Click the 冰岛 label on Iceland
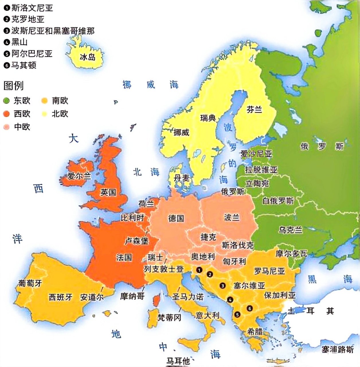pos(87,57)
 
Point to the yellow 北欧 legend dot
pos(44,114)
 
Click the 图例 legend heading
pos(13,85)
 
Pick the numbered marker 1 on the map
pos(199,270)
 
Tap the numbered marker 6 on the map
pos(250,309)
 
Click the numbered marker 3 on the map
pos(222,286)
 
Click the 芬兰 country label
pos(254,109)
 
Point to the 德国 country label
pos(176,218)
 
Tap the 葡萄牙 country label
pos(30,283)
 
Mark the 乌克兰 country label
pos(290,230)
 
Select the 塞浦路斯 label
pos(337,349)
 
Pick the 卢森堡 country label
pos(137,241)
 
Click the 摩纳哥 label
pos(132,296)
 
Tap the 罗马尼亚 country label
pos(269,271)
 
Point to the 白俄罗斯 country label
pos(278,201)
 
